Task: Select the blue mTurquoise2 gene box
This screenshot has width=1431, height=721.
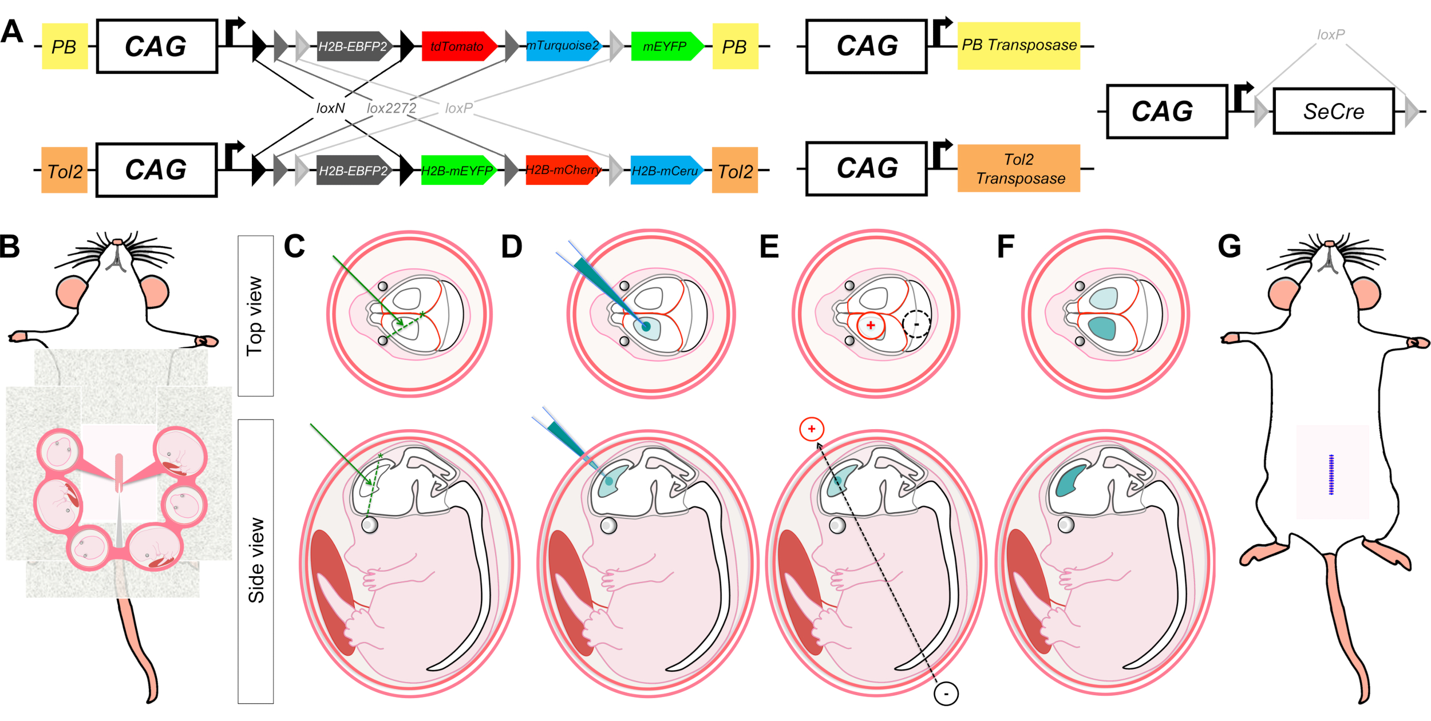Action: click(x=562, y=46)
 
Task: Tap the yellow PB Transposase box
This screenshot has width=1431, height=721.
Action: click(x=1018, y=46)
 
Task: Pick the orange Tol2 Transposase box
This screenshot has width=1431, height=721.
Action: click(x=1018, y=168)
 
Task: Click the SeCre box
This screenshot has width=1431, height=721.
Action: click(x=1333, y=111)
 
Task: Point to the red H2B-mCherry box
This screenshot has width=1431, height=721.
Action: click(x=562, y=170)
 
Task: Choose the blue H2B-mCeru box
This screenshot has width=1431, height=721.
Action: click(x=665, y=171)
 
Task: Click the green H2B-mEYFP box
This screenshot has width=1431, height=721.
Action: click(x=457, y=171)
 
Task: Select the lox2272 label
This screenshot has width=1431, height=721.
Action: click(x=392, y=108)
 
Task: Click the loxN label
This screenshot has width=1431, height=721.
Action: click(x=330, y=108)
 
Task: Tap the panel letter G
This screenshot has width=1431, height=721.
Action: click(x=1229, y=247)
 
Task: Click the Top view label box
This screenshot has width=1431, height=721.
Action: click(x=255, y=316)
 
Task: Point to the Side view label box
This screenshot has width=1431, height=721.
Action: click(x=255, y=561)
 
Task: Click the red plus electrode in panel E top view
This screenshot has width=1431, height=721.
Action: click(x=870, y=326)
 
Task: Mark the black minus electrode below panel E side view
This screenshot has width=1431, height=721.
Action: click(x=946, y=694)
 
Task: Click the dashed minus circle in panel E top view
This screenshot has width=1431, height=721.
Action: click(x=916, y=324)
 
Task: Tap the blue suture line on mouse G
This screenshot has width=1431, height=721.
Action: click(x=1331, y=474)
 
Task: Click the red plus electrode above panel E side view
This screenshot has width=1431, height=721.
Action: click(x=811, y=429)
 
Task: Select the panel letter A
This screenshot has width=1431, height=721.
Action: click(x=12, y=32)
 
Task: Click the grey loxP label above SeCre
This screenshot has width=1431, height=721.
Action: click(x=1330, y=35)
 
